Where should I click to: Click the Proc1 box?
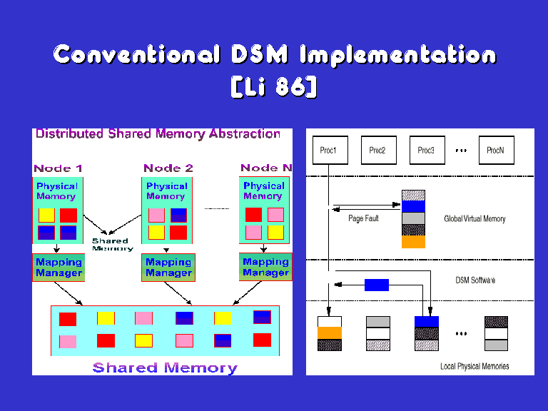[330, 151]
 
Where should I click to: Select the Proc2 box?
[377, 151]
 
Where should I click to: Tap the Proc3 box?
[426, 151]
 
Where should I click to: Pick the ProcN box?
[495, 151]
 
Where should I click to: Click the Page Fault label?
[363, 218]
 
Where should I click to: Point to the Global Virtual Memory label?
[475, 218]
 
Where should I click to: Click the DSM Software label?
[475, 280]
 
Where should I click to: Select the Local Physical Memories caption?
[475, 366]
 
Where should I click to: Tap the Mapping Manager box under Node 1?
[59, 267]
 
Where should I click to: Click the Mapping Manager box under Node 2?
[168, 267]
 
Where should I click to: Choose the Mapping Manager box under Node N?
[265, 267]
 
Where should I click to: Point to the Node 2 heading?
[168, 168]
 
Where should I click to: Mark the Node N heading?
[266, 168]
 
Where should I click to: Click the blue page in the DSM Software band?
[377, 285]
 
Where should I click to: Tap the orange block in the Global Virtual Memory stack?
[413, 242]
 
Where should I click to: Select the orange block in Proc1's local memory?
[330, 333]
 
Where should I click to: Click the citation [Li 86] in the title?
[274, 87]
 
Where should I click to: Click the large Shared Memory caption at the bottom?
[165, 368]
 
